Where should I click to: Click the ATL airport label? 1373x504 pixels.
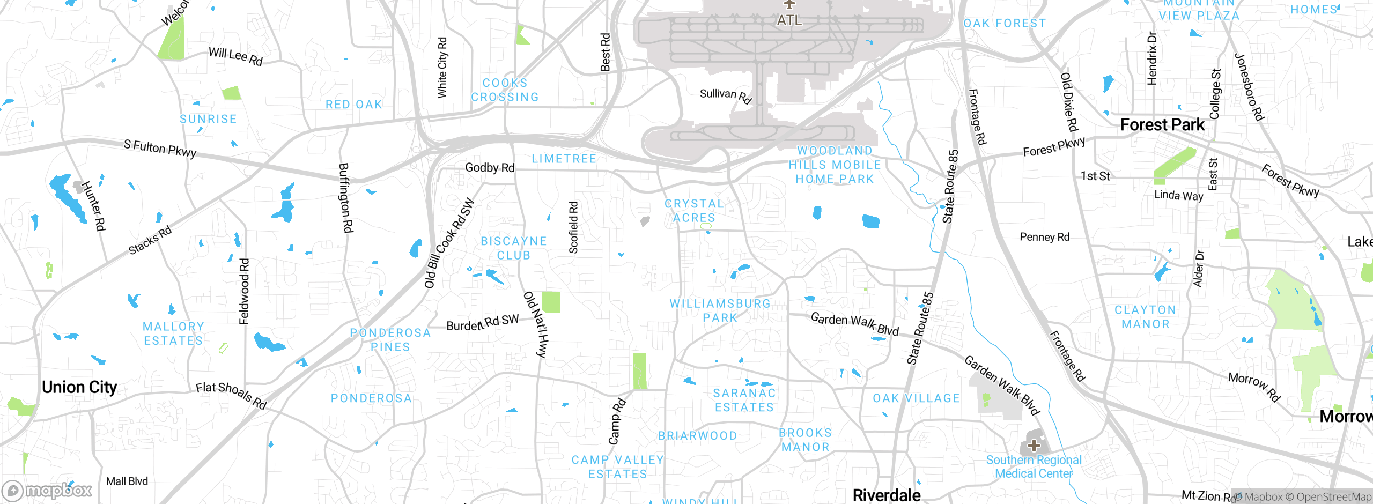789,20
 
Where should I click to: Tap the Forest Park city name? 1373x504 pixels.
1162,125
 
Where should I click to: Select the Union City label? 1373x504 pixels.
79,387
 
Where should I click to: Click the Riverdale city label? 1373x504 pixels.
887,495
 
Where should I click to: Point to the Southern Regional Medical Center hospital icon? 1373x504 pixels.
1034,445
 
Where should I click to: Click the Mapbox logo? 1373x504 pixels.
47,490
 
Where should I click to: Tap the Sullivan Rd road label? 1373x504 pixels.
726,95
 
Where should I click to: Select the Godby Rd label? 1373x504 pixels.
490,168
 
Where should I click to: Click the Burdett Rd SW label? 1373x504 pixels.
483,323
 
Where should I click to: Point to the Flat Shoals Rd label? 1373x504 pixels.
231,395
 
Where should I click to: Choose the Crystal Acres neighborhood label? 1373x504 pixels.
694,211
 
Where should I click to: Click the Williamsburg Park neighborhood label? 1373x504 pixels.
720,310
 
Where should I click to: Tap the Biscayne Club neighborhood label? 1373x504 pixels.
513,248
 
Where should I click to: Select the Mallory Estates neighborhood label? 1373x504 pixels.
173,333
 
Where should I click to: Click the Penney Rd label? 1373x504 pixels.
1044,237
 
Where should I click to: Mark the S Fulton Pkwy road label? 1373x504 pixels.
160,148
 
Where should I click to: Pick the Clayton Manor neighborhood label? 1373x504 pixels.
1145,317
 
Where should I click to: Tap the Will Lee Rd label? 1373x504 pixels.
235,56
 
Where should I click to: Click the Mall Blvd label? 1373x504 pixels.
127,481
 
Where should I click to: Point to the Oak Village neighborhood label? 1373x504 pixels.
916,398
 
